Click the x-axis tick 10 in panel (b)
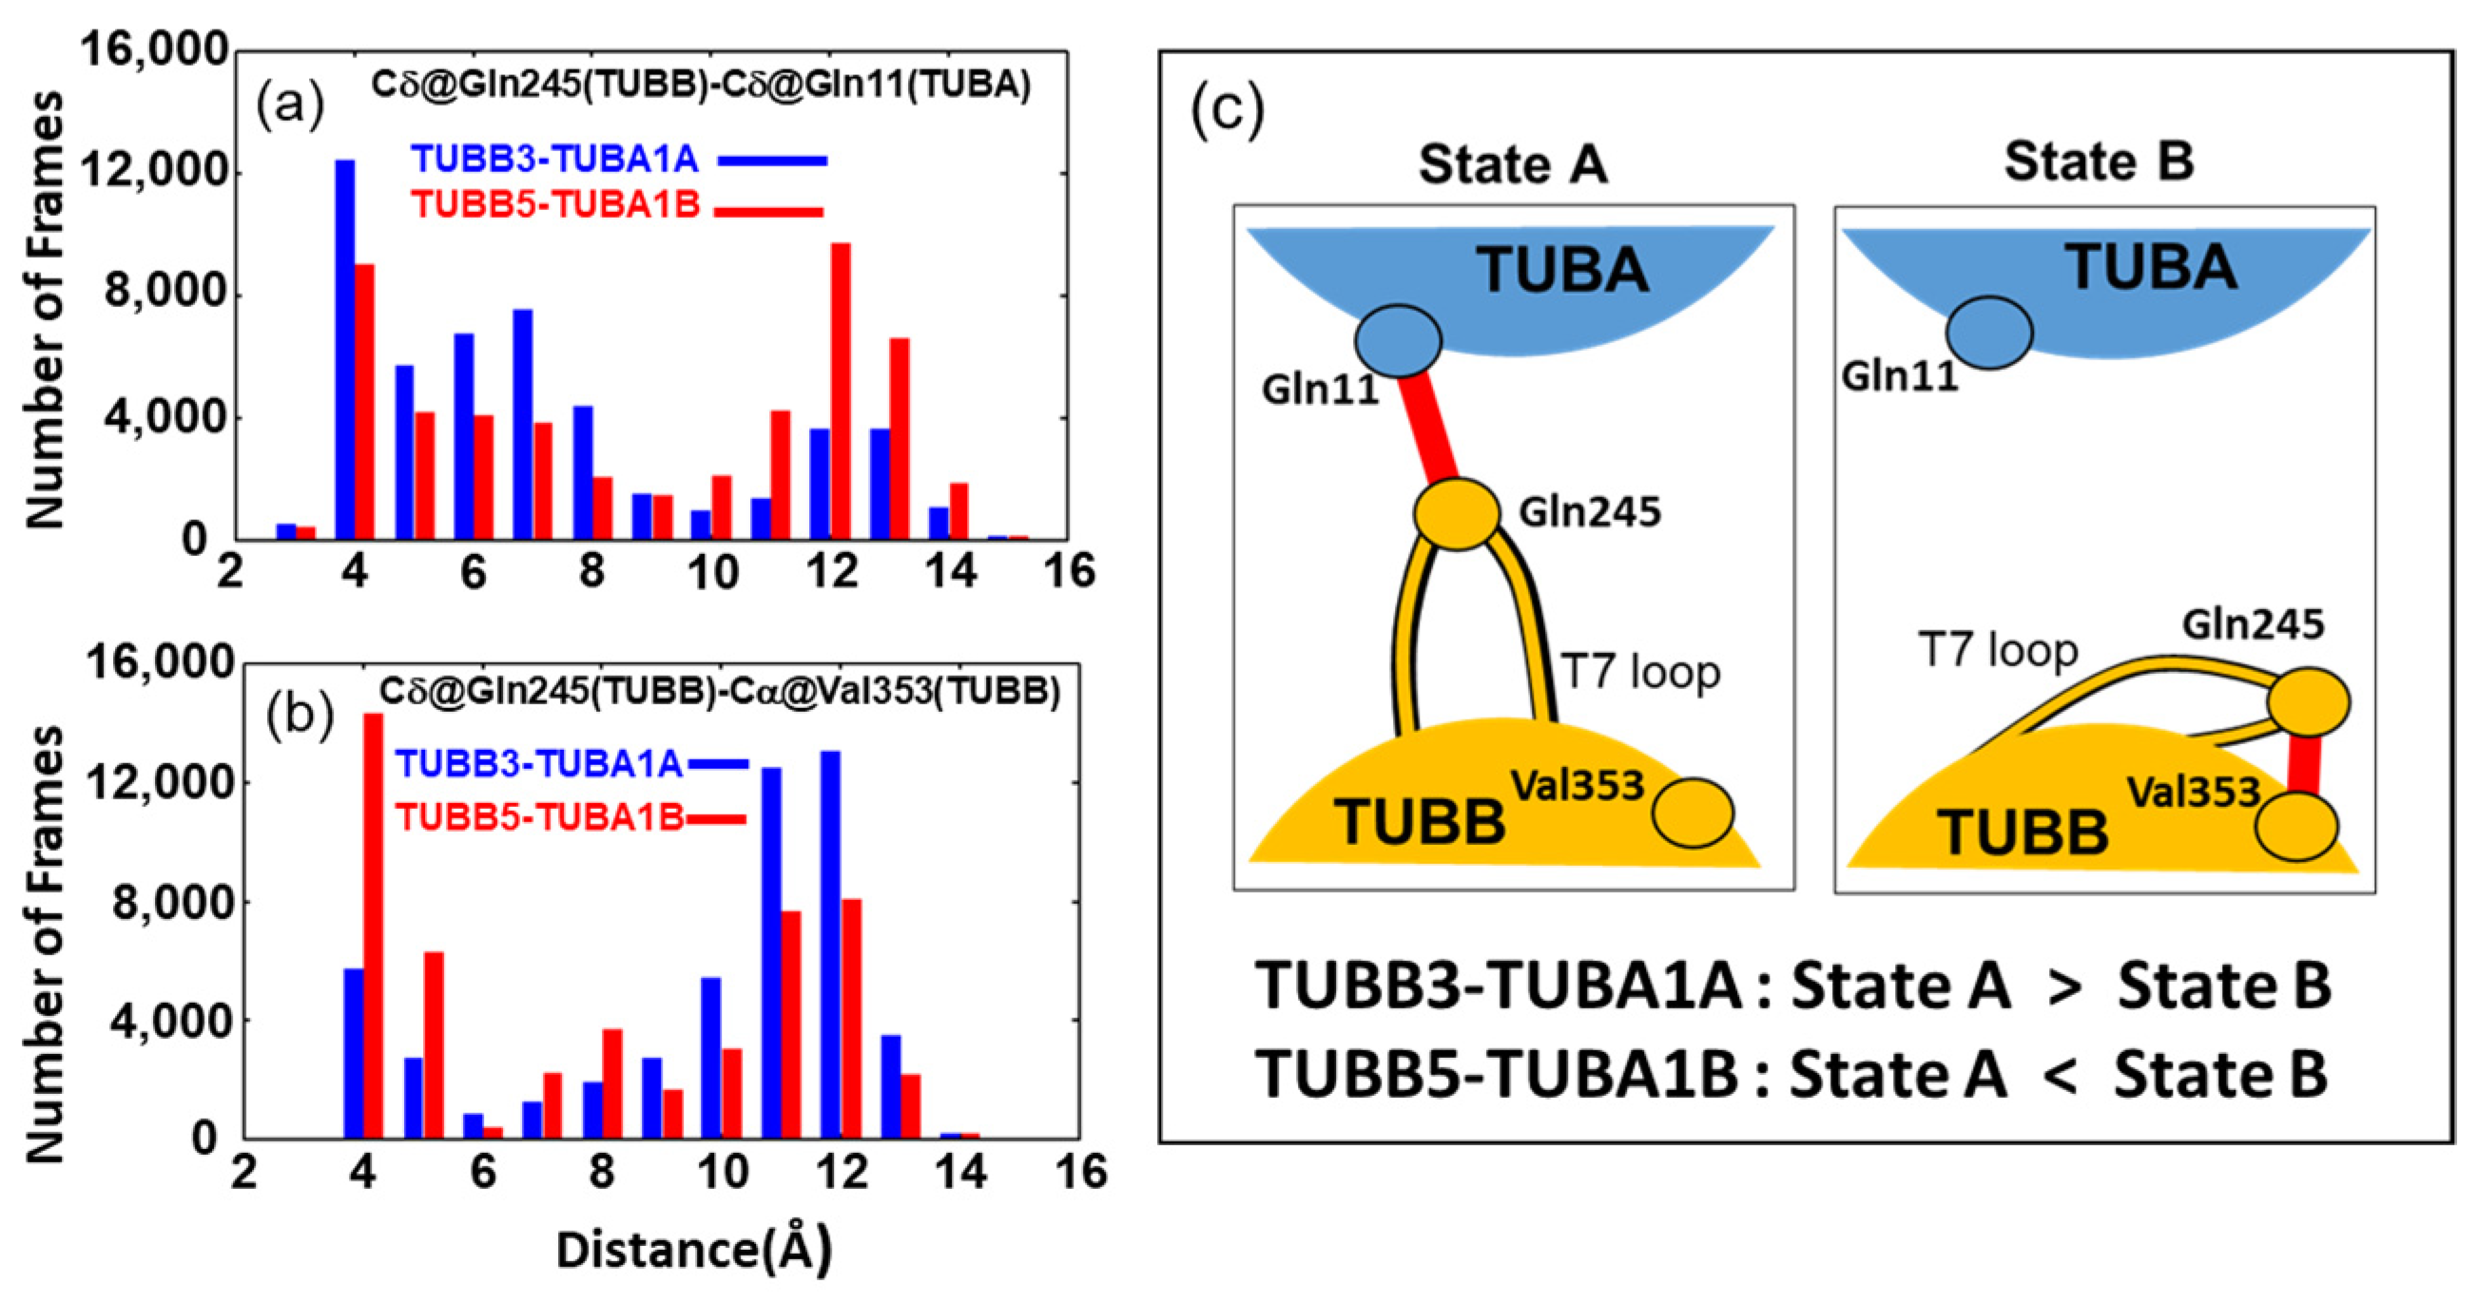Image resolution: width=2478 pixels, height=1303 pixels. pyautogui.click(x=722, y=1172)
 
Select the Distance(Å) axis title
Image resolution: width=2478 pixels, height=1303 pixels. pyautogui.click(x=693, y=1249)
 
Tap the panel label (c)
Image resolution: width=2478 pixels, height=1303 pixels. pyautogui.click(x=1226, y=110)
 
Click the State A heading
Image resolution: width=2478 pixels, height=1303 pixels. pyautogui.click(x=1512, y=164)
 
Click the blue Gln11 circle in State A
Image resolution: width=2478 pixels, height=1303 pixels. pyautogui.click(x=1398, y=340)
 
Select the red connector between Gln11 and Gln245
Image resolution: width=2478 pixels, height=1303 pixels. pyautogui.click(x=1427, y=425)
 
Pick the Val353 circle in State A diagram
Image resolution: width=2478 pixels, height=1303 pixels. pyautogui.click(x=1692, y=813)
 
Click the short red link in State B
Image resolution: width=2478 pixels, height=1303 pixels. pyautogui.click(x=2302, y=765)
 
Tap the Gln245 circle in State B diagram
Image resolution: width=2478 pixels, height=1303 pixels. pyautogui.click(x=2308, y=702)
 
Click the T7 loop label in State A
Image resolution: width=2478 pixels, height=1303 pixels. pyautogui.click(x=1640, y=672)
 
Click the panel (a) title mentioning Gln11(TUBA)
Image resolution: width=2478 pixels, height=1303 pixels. pyautogui.click(x=700, y=85)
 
